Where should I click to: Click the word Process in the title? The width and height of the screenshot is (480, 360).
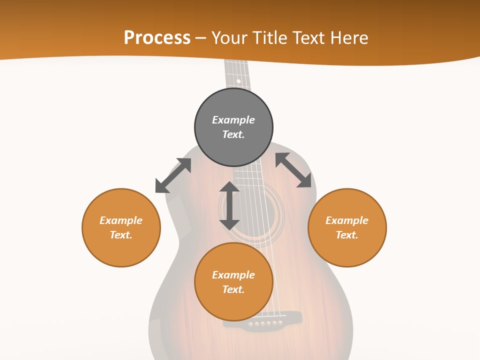[x=157, y=38]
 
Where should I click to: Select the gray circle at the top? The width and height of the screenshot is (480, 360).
[x=233, y=127]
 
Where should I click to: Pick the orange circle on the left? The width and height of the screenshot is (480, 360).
[x=121, y=227]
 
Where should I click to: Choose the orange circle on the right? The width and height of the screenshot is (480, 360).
[x=347, y=227]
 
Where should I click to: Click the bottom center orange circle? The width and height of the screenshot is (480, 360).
[x=233, y=282]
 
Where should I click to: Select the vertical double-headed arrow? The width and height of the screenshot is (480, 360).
[x=229, y=205]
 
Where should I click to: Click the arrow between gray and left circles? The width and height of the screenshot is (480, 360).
[x=173, y=175]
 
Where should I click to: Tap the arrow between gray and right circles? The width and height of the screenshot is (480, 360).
[x=293, y=170]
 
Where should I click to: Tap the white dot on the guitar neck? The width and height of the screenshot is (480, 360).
[x=238, y=81]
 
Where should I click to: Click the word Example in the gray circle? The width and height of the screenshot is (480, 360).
[x=233, y=120]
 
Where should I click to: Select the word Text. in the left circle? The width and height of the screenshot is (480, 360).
[x=121, y=235]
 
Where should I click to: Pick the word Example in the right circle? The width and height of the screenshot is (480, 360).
[x=347, y=220]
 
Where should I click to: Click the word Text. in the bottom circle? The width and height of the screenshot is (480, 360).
[x=233, y=289]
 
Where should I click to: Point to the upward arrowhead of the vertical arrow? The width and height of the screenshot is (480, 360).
[x=229, y=187]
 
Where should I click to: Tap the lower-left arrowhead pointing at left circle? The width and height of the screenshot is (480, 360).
[x=161, y=187]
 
